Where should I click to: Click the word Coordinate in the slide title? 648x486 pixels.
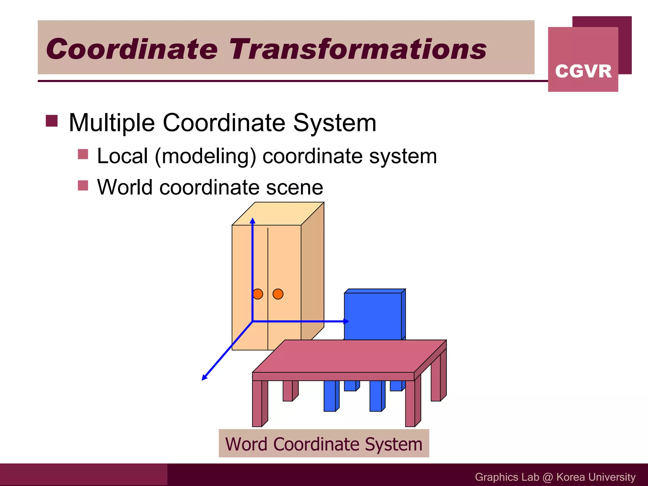click(132, 49)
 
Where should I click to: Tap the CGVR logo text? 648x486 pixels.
click(583, 71)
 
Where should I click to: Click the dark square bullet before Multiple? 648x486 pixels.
click(52, 121)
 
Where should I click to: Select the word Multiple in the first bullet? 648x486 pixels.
click(112, 123)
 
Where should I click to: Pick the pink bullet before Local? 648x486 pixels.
click(83, 154)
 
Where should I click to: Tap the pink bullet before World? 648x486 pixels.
click(83, 185)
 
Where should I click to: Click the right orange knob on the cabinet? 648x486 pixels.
click(278, 294)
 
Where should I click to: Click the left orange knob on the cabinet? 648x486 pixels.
click(258, 294)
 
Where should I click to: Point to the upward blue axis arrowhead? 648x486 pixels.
click(252, 221)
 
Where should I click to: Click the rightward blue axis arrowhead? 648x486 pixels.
click(346, 321)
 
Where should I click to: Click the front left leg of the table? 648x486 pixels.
click(257, 403)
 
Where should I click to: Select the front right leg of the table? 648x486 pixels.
click(410, 403)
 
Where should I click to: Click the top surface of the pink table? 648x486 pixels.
click(348, 356)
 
